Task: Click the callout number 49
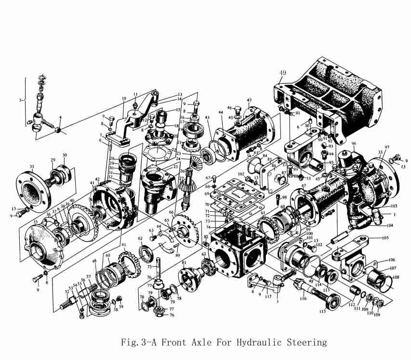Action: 282,73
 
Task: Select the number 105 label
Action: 384,238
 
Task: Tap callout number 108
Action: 396,277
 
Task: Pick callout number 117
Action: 267,296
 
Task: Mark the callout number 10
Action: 124,98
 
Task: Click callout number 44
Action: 220,112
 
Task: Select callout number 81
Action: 184,262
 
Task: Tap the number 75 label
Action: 150,266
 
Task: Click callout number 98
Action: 285,197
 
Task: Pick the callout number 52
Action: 66,292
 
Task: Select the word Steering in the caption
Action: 303,343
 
